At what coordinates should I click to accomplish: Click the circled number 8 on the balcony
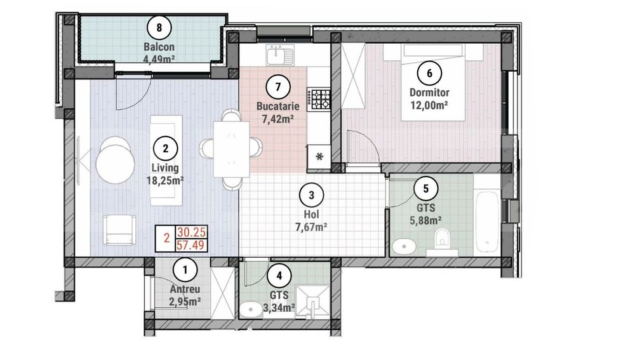coord(159,27)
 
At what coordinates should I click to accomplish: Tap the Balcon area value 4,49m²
coord(159,58)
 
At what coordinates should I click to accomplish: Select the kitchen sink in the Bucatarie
coord(277,55)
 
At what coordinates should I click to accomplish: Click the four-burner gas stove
coord(319,99)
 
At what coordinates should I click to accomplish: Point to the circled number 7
coord(278,87)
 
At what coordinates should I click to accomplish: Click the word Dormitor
coord(429,92)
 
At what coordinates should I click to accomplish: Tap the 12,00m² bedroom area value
coord(429,105)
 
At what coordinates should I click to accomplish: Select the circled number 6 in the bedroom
coord(430,73)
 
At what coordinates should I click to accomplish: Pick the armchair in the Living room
coord(119,229)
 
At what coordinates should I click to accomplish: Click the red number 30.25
coord(192,232)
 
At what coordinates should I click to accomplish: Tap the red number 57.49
coord(192,245)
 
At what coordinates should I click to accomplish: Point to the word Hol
coord(311,214)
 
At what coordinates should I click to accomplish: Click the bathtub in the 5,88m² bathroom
coord(487,222)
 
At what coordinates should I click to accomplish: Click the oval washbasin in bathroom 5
coord(404,246)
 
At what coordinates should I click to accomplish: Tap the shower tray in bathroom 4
coord(313,302)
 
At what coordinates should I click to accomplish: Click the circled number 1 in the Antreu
coord(185,270)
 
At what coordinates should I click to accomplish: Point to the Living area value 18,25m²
coord(165,180)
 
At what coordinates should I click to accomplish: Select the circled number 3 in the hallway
coord(311,195)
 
